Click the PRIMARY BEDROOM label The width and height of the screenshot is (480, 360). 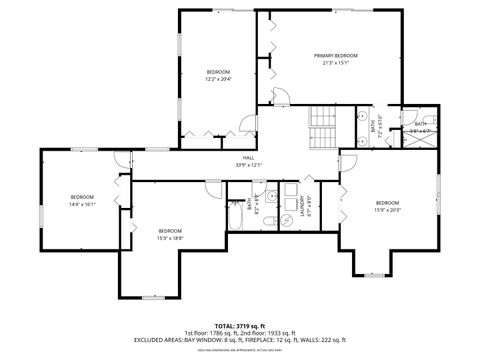[335, 55]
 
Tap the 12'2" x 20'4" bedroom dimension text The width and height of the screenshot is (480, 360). [218, 78]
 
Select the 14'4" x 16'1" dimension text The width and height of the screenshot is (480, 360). [82, 203]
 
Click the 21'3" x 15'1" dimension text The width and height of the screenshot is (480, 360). [335, 62]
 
